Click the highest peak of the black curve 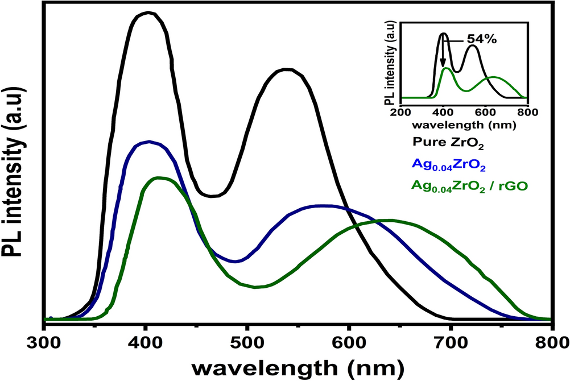click(x=148, y=13)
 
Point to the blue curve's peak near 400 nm click(x=149, y=142)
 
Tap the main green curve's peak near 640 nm click(x=390, y=220)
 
